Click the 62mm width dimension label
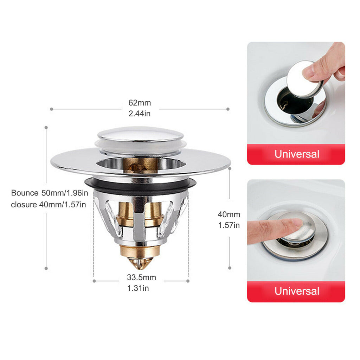pos(140,103)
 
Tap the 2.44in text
pos(139,114)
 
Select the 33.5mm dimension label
pos(141,277)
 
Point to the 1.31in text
pos(138,288)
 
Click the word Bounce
pos(25,193)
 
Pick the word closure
pos(24,204)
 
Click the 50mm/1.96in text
pos(65,193)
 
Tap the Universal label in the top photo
pos(297,154)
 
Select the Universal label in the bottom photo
pos(297,291)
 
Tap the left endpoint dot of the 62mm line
pos(51,109)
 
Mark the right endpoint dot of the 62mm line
pos(228,109)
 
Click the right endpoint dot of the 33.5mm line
pos(188,281)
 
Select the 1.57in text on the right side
pos(229,225)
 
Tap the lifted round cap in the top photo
pos(303,79)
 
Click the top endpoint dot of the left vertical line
pos(46,127)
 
